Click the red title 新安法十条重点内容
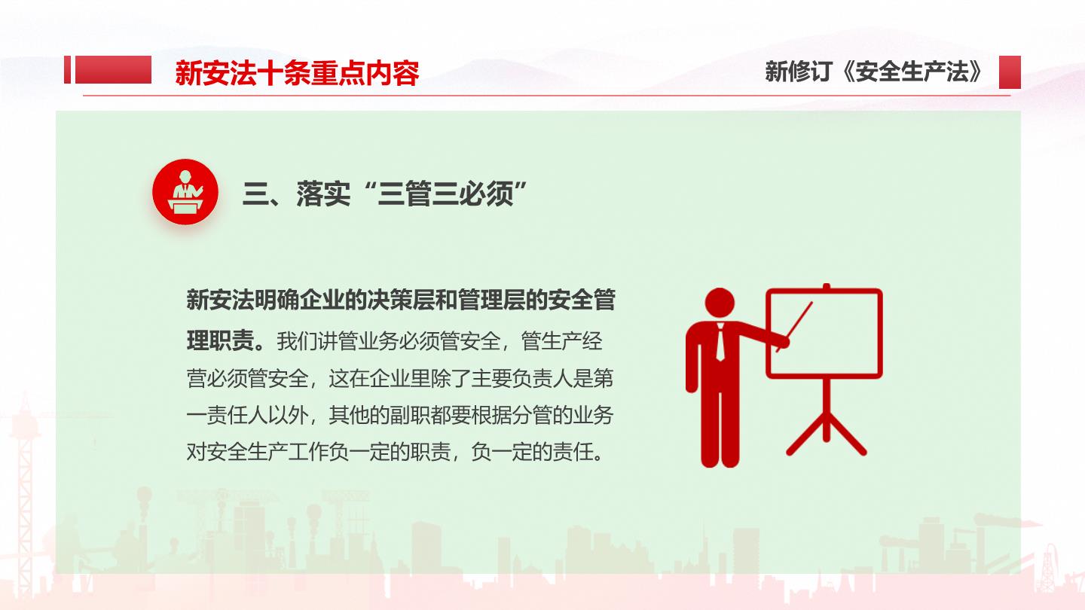(x=297, y=73)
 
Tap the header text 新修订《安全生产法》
(x=874, y=72)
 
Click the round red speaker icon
(x=185, y=192)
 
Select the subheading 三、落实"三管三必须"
(x=385, y=194)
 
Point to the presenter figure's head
(x=720, y=303)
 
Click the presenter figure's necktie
(x=721, y=343)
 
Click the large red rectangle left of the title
(x=113, y=70)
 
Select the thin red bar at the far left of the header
(x=67, y=70)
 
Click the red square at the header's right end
(x=1010, y=72)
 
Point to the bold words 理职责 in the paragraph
(x=220, y=341)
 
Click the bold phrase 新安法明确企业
(x=265, y=300)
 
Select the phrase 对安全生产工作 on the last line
(x=258, y=452)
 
